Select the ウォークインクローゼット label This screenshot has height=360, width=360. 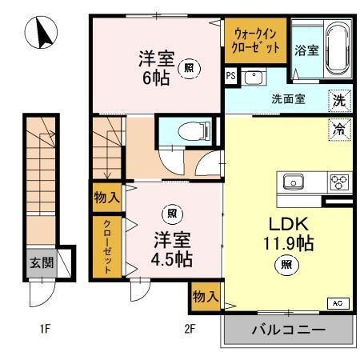click(256, 40)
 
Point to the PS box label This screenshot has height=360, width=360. click(231, 78)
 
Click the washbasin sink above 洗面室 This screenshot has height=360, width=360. click(254, 78)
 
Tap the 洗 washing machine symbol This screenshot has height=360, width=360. click(340, 101)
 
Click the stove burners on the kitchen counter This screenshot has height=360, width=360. click(340, 182)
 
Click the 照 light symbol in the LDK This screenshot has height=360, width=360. click(284, 265)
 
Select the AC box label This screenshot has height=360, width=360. click(337, 303)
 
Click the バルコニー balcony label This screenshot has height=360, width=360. click(288, 330)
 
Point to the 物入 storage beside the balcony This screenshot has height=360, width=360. click(206, 296)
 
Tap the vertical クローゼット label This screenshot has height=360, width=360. click(106, 247)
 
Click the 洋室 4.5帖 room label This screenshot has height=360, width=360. click(172, 248)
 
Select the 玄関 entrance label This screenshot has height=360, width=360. click(41, 262)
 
